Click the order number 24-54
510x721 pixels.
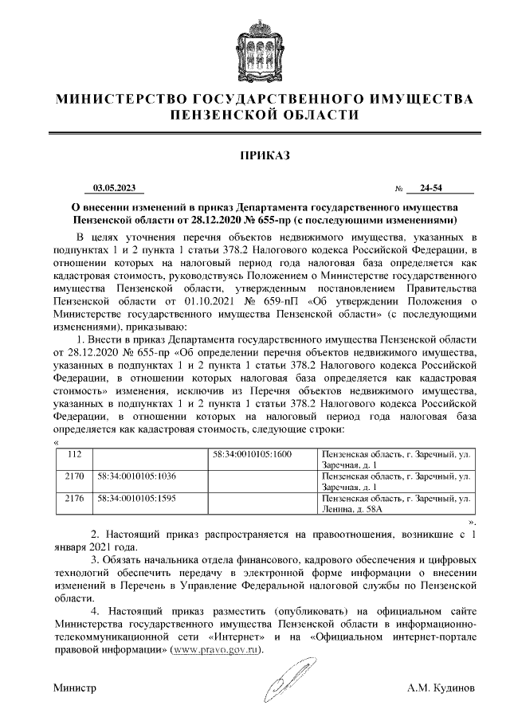[x=436, y=189]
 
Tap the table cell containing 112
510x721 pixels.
[x=76, y=453]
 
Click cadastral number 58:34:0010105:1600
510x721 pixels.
[x=253, y=453]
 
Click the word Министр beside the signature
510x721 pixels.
[x=75, y=686]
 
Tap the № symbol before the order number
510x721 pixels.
[x=398, y=190]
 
